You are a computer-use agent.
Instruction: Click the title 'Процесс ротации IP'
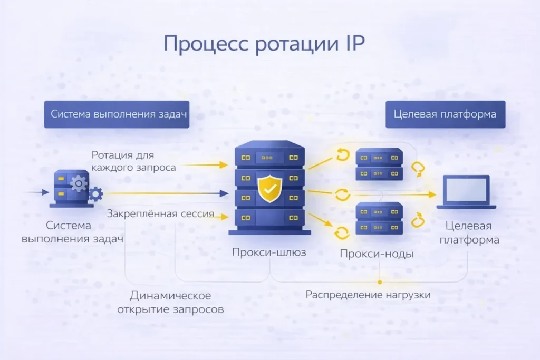pyautogui.click(x=263, y=44)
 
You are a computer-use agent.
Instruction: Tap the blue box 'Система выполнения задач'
pyautogui.click(x=117, y=114)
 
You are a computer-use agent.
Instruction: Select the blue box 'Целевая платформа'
pyautogui.click(x=445, y=114)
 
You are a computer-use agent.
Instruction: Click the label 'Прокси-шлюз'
pyautogui.click(x=269, y=252)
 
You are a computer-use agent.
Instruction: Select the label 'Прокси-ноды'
pyautogui.click(x=377, y=254)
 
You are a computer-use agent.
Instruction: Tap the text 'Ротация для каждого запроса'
pyautogui.click(x=133, y=161)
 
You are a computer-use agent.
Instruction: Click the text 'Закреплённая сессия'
pyautogui.click(x=160, y=214)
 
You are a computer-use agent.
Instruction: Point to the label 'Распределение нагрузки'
pyautogui.click(x=368, y=295)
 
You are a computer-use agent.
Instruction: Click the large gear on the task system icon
pyautogui.click(x=79, y=183)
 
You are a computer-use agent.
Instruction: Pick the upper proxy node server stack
pyautogui.click(x=379, y=164)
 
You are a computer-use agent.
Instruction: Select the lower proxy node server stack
pyautogui.click(x=379, y=219)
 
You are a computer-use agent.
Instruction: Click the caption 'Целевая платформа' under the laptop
pyautogui.click(x=468, y=232)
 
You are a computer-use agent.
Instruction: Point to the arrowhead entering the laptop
pyautogui.click(x=432, y=194)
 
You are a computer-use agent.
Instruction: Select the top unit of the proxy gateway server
pyautogui.click(x=269, y=156)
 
